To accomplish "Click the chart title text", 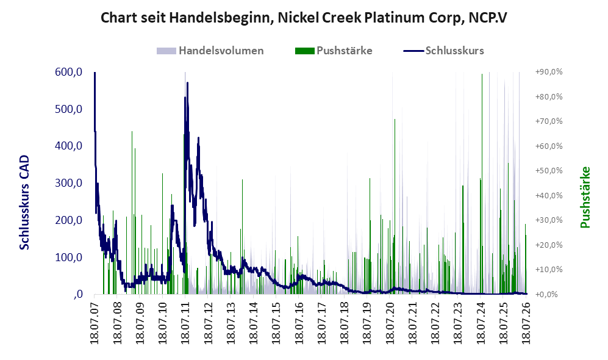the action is click(x=304, y=18).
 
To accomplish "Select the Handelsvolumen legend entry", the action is click(x=210, y=51).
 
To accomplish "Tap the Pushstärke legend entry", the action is click(x=334, y=51).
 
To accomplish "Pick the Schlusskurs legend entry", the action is click(x=443, y=51).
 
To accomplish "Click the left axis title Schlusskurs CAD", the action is click(x=24, y=202).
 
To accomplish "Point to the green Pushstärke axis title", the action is click(x=585, y=197).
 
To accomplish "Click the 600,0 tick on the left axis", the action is click(x=69, y=72).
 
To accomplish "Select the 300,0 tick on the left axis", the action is click(x=69, y=183).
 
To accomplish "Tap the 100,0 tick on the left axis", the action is click(x=69, y=257).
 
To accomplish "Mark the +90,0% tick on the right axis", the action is click(x=549, y=72).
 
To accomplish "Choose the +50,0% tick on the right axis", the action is click(x=549, y=171).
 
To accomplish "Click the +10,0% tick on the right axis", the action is click(x=549, y=270).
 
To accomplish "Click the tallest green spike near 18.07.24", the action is click(x=482, y=184).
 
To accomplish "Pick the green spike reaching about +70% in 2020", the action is click(x=395, y=206).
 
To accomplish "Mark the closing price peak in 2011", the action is click(x=187, y=83).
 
